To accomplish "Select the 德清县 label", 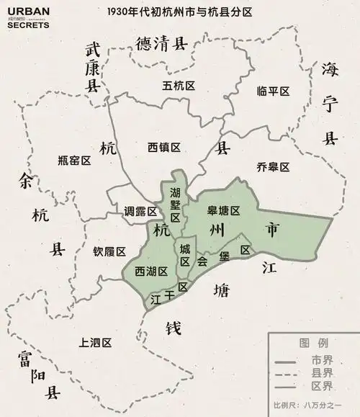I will pos(161,45).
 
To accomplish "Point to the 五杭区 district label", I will pos(179,86).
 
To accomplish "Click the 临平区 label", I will pos(273,91).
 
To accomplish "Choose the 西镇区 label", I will pos(164,147).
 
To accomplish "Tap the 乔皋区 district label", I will pos(273,167).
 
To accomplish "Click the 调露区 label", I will pos(140,212).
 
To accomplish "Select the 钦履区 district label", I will pos(109,252).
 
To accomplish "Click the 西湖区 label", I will pos(151,271).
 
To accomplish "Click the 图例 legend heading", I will pos(314,342).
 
